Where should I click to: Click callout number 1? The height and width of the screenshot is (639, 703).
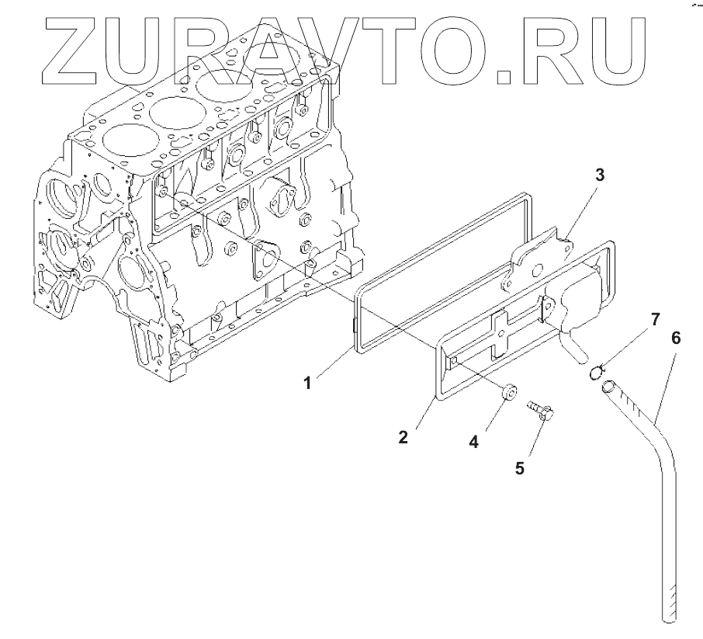307,383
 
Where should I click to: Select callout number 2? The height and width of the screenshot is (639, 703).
403,436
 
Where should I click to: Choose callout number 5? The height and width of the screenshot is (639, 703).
521,467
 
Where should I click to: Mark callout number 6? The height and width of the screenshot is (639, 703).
676,338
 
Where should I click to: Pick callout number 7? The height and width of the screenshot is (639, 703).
655,318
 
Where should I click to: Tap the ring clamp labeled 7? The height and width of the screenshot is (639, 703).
596,372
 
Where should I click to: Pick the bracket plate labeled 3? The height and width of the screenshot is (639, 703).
539,260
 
